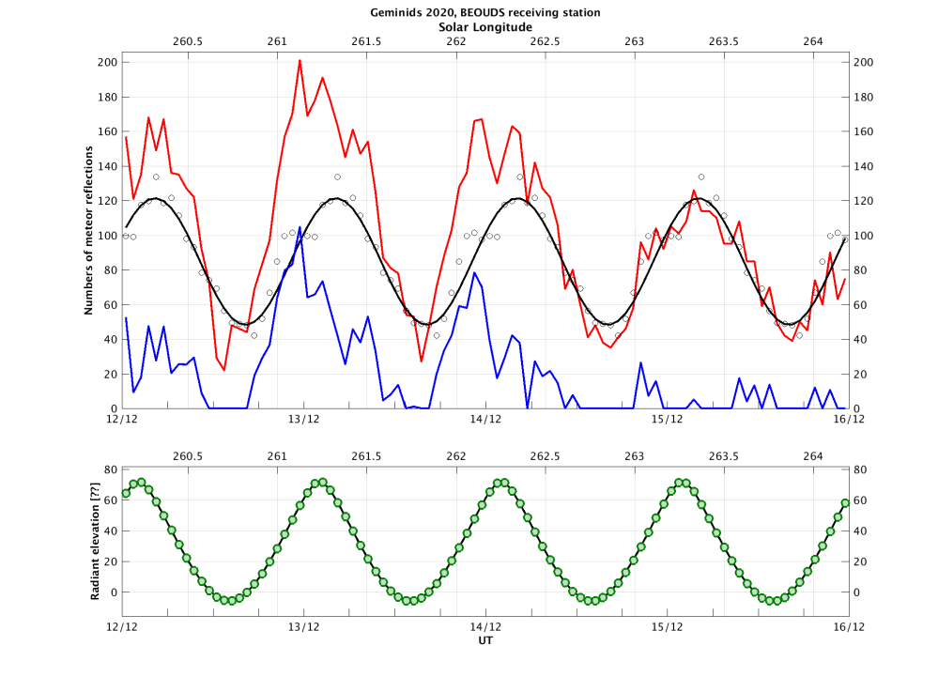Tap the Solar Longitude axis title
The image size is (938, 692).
point(486,27)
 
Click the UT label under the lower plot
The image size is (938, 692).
point(485,642)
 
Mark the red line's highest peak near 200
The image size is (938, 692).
point(300,61)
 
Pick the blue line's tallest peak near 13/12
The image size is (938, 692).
point(300,227)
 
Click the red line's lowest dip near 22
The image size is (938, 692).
point(223,370)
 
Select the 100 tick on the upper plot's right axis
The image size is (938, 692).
point(864,236)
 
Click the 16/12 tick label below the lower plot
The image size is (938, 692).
point(848,626)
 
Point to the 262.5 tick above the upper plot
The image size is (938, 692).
point(546,41)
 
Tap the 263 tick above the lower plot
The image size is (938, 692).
point(635,455)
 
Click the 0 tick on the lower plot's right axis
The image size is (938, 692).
point(857,592)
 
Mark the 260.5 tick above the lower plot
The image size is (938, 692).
point(188,455)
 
